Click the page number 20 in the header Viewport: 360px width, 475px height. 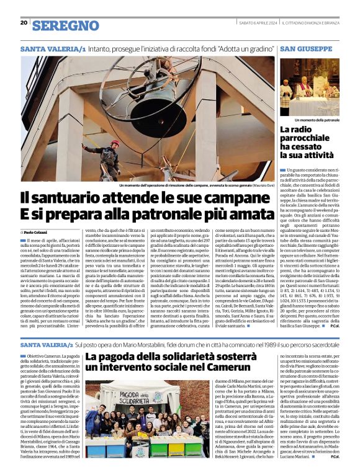24,22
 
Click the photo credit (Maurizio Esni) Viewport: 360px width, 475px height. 259,185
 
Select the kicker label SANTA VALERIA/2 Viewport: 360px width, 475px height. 47,345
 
